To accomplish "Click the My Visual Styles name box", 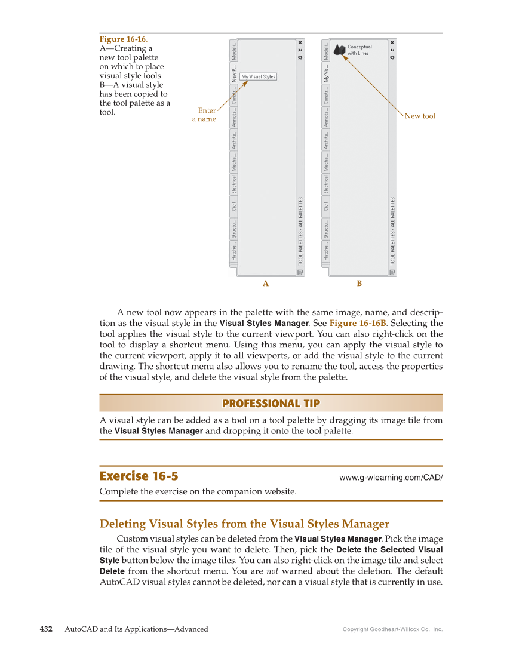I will [258, 76].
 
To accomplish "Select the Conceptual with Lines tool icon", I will [340, 50].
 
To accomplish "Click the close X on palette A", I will [300, 42].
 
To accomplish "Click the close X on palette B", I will [392, 42].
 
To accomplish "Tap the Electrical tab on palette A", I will [234, 184].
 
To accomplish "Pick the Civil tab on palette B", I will [326, 206].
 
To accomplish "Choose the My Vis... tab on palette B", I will [326, 73].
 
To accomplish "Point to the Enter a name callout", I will [204, 115].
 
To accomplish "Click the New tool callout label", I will [420, 116].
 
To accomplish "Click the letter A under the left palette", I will [266, 284].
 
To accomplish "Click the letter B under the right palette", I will [359, 284].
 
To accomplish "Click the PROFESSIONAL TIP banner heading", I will [271, 404].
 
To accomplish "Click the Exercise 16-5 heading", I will [139, 476].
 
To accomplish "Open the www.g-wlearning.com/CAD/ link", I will [391, 478].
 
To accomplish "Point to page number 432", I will [46, 629].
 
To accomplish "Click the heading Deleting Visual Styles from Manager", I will [244, 524].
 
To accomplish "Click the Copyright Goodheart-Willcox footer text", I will [392, 629].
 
